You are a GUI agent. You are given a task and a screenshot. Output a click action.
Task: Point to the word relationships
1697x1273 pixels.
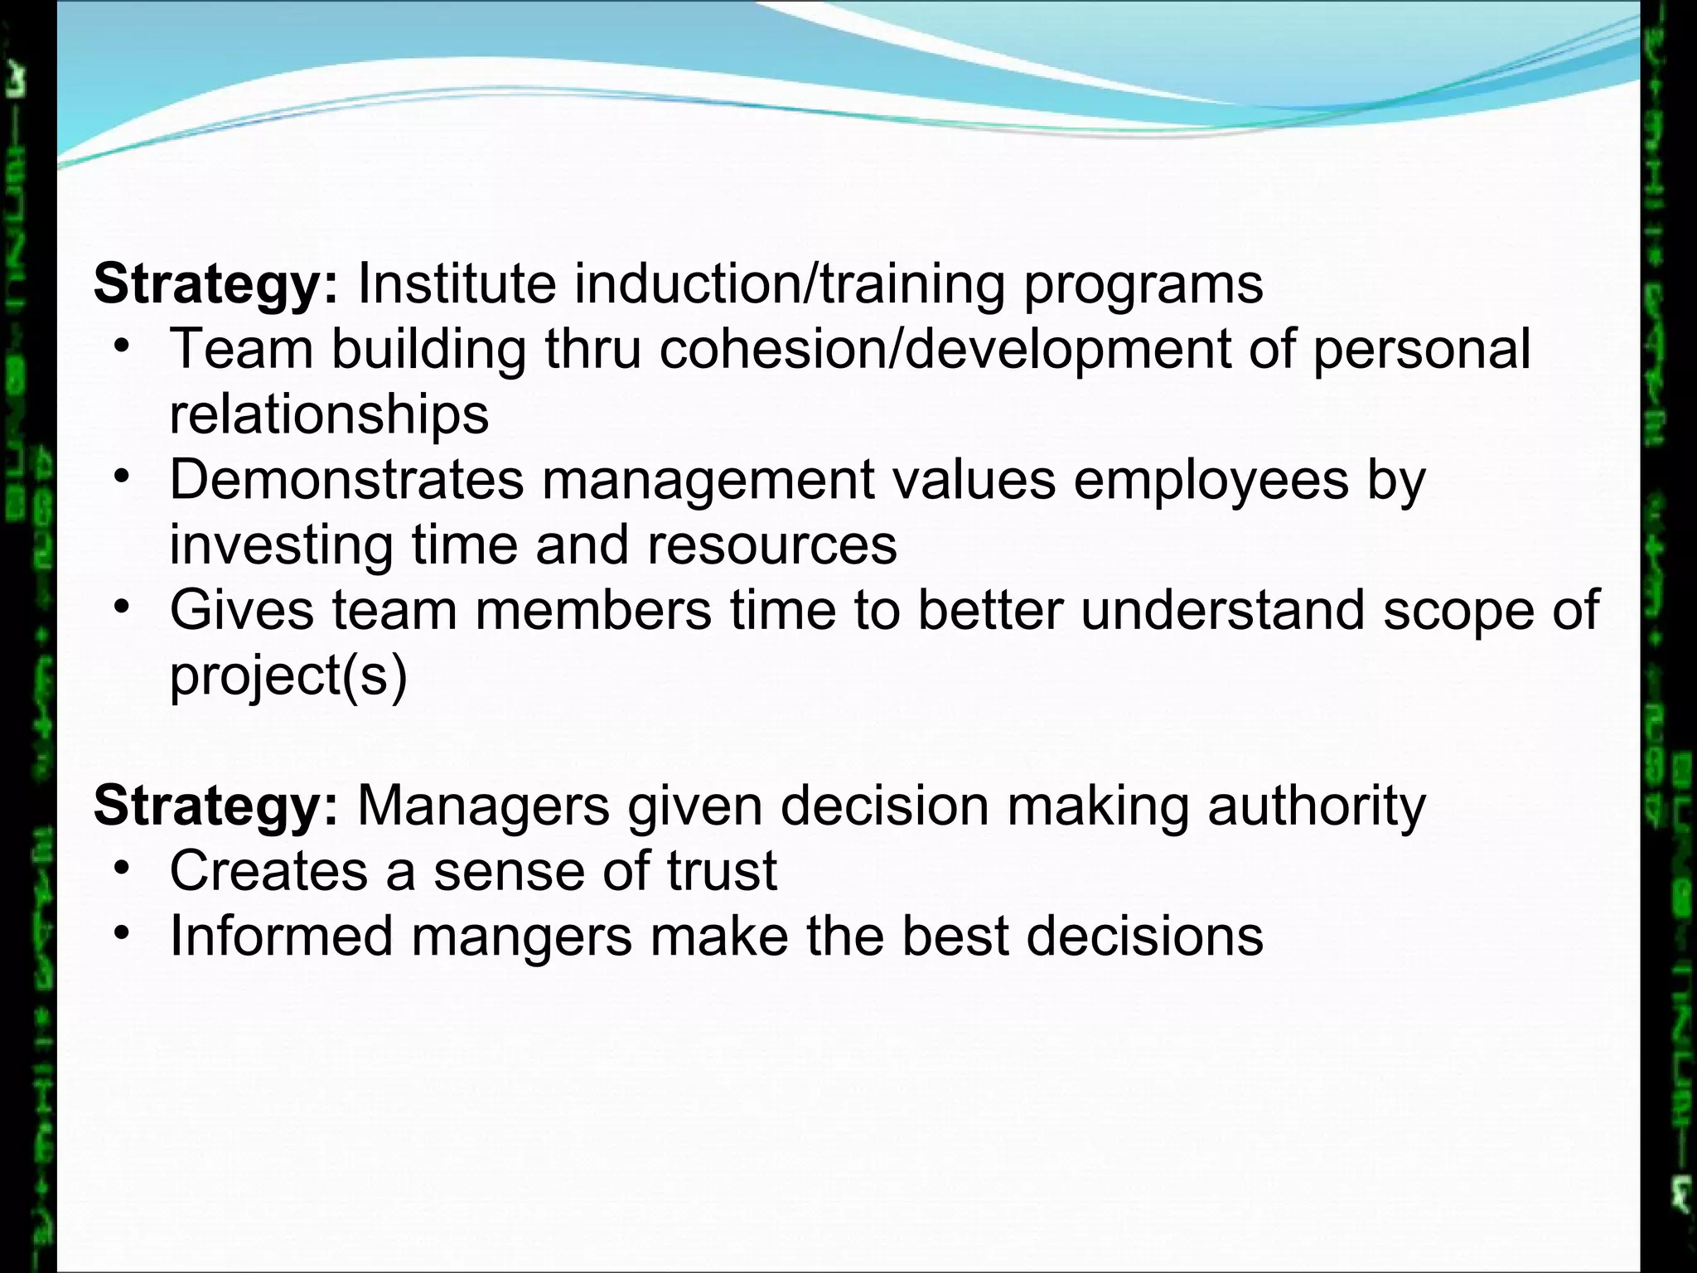click(329, 414)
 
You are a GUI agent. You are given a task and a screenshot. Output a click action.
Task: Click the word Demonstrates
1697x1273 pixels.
click(346, 479)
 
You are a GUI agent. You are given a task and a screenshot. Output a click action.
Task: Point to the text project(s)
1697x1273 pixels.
click(288, 676)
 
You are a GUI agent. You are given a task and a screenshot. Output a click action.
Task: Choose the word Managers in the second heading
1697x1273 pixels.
click(483, 806)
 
